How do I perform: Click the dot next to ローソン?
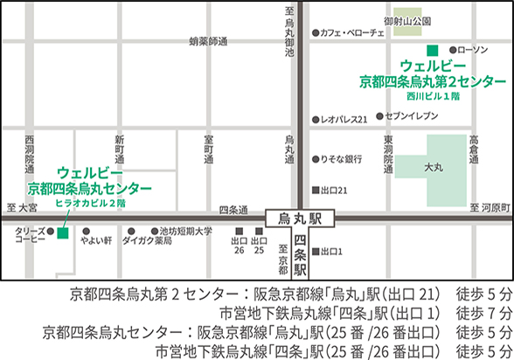pyautogui.click(x=450, y=50)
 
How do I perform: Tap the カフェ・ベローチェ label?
pyautogui.click(x=352, y=32)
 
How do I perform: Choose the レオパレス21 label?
pyautogui.click(x=344, y=118)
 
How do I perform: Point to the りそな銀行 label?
pyautogui.click(x=342, y=160)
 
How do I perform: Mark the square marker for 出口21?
pyautogui.click(x=316, y=190)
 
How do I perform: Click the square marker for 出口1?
pyautogui.click(x=316, y=253)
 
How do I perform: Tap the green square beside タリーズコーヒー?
pyautogui.click(x=62, y=233)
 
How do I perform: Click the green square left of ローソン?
pyautogui.click(x=430, y=50)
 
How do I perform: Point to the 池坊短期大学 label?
pyautogui.click(x=184, y=232)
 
